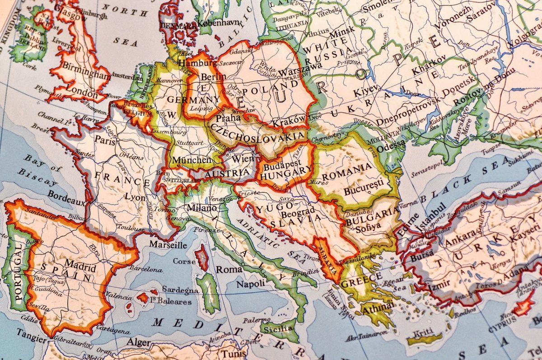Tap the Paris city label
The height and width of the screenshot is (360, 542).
pos(105,141)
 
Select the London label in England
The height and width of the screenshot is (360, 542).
pos(82,94)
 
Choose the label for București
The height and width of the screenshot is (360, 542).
pos(364,190)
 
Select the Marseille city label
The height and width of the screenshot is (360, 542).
pos(168,245)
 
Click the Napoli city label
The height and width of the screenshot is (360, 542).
pos(251,284)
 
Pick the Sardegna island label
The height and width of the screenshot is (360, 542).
pos(180,290)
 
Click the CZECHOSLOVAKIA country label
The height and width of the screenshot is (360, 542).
pos(257,132)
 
